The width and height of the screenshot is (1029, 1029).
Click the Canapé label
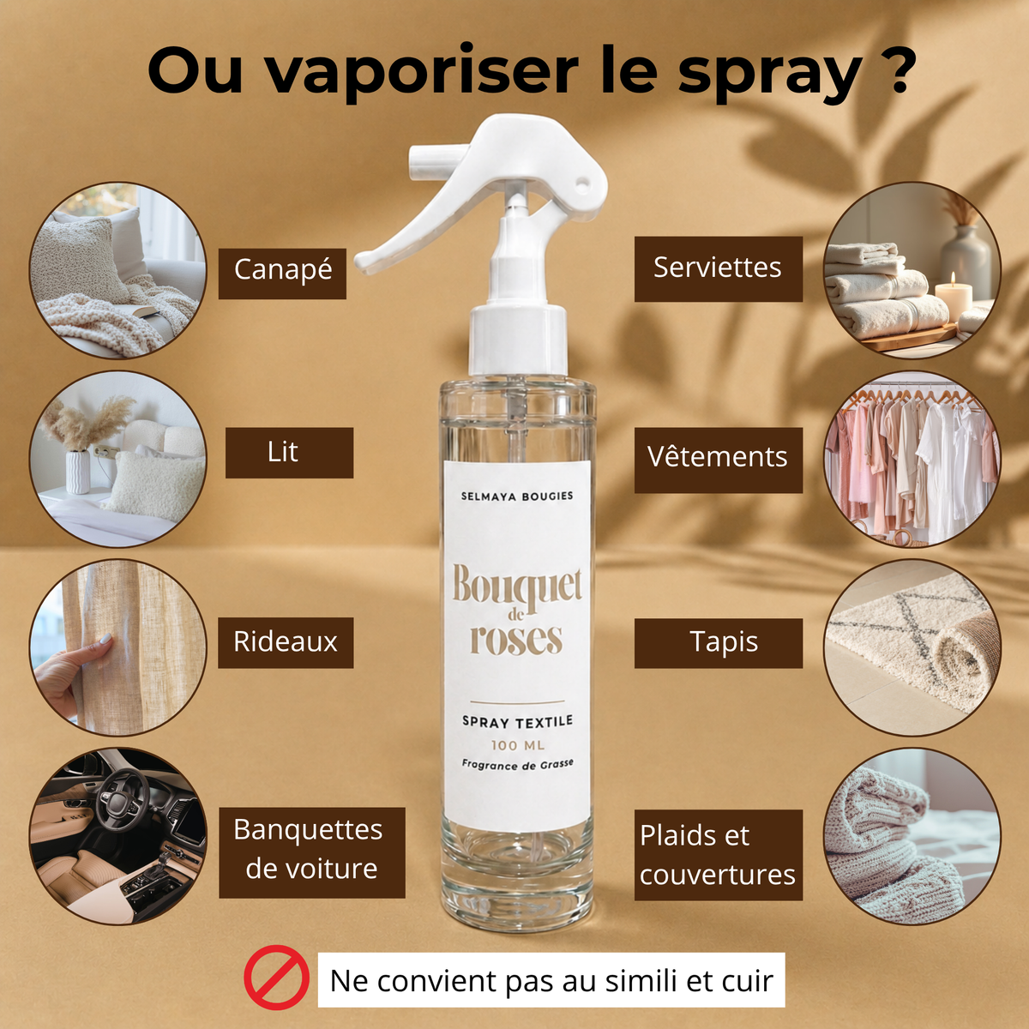pyautogui.click(x=282, y=274)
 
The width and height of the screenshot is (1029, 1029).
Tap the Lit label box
pyautogui.click(x=289, y=452)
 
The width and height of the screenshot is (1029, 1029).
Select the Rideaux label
pyautogui.click(x=286, y=642)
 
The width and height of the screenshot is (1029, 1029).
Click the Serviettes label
pyautogui.click(x=719, y=269)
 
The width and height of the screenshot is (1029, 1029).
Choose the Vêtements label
pyautogui.click(x=719, y=460)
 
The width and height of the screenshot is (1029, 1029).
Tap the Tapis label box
pyautogui.click(x=719, y=643)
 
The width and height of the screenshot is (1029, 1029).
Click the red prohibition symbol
pyautogui.click(x=276, y=978)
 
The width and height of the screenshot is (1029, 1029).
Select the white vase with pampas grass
pyautogui.click(x=79, y=472)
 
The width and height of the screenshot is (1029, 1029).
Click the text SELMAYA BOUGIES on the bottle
pyautogui.click(x=517, y=496)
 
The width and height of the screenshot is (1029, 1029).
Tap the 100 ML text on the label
pyautogui.click(x=517, y=745)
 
